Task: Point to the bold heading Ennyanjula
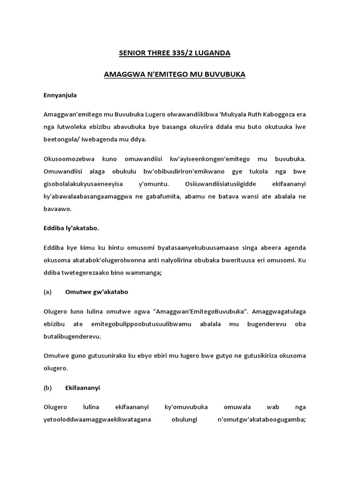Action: [60, 95]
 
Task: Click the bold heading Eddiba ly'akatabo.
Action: [71, 228]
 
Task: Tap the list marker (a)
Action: [47, 292]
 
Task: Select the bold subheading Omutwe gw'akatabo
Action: [97, 292]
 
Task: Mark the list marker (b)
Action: [47, 388]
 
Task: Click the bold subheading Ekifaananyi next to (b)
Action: [82, 388]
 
